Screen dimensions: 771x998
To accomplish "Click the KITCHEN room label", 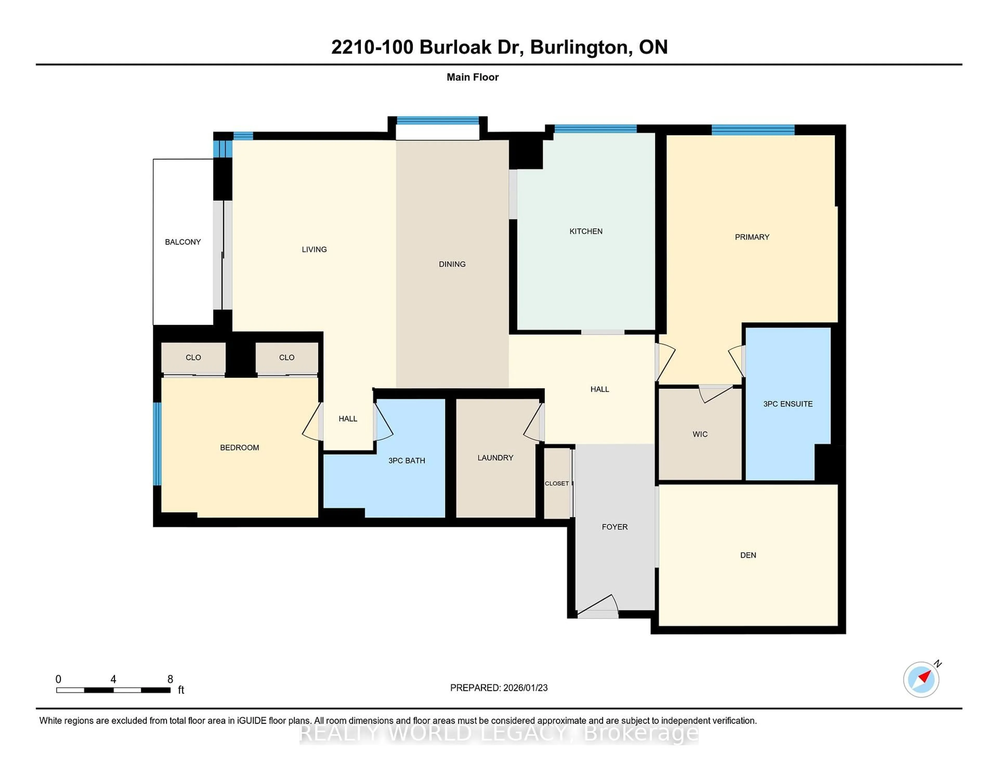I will pos(586,231).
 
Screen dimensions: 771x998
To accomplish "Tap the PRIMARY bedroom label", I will pos(752,237).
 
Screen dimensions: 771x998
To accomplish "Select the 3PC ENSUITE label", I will pos(788,404).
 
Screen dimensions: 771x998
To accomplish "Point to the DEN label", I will pos(748,555).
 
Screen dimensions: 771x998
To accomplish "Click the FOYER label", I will pos(615,527).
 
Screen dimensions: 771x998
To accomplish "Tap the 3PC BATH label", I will pos(407,460).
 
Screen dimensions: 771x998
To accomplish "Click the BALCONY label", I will pos(183,242).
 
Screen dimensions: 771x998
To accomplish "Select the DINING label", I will pos(452,264).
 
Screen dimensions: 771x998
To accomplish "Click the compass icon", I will pos(921,679).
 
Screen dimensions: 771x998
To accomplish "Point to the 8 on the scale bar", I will pos(170,679).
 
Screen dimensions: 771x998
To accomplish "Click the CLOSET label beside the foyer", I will pos(557,483).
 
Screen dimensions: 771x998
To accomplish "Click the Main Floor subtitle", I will pos(472,77).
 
